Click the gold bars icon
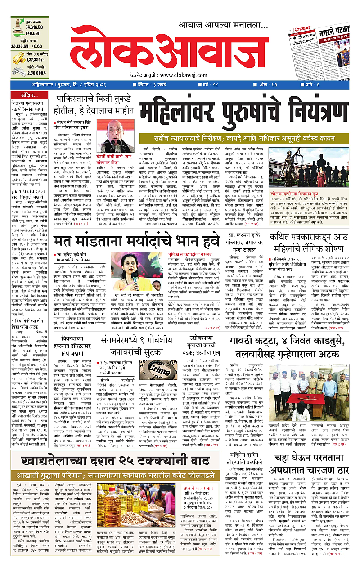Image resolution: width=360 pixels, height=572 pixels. coord(18,59)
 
